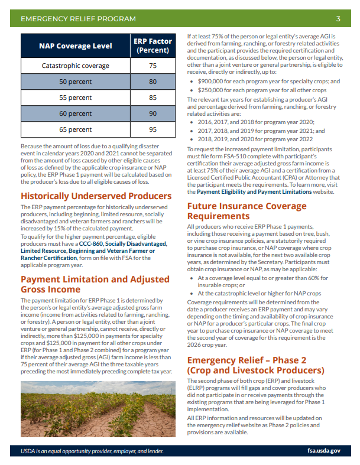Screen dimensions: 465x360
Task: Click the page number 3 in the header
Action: (338, 19)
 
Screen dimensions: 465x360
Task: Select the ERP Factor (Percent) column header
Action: (153, 45)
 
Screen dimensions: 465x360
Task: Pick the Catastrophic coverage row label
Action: (75, 66)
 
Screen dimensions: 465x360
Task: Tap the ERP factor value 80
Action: (153, 82)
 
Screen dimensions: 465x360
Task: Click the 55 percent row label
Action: (75, 97)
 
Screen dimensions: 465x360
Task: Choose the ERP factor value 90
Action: (153, 113)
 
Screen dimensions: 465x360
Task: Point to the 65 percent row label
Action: (75, 129)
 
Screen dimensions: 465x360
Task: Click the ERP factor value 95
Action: (153, 129)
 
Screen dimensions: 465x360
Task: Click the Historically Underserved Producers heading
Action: (96, 196)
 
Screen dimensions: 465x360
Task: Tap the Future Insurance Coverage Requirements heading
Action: (247, 212)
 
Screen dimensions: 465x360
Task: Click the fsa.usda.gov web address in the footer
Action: (324, 451)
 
